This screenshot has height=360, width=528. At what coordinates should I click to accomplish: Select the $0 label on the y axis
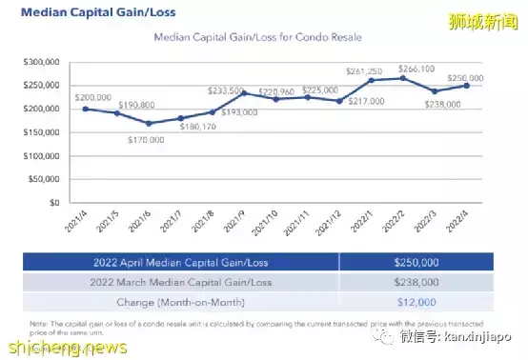[x=55, y=203]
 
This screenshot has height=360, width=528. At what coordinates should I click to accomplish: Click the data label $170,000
[x=146, y=138]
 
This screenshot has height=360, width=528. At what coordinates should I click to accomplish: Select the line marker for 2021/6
[x=148, y=123]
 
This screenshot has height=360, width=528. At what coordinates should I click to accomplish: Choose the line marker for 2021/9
[x=243, y=93]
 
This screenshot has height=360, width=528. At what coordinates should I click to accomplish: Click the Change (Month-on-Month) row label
[x=179, y=303]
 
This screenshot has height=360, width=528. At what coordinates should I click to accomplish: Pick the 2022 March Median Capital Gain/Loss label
[x=179, y=283]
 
